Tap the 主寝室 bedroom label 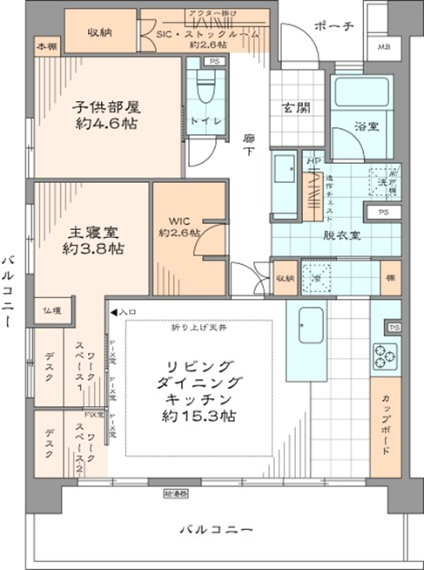(97, 233)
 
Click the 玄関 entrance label (293, 108)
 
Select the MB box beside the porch (383, 47)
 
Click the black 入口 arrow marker (113, 310)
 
